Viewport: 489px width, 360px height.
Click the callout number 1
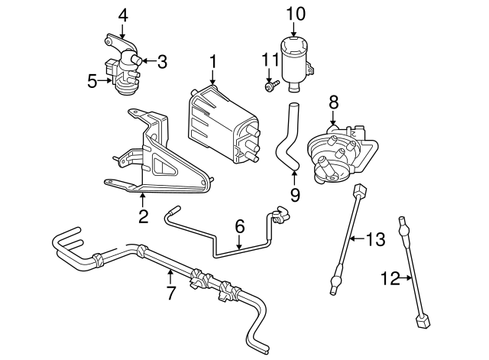coord(214,61)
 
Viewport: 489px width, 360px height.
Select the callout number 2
coord(143,216)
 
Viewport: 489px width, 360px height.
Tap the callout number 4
coord(123,14)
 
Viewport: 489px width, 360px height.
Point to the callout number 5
coord(92,79)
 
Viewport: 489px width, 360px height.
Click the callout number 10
coord(296,13)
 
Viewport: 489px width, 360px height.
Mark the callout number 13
coord(374,240)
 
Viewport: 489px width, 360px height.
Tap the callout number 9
coord(295,195)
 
